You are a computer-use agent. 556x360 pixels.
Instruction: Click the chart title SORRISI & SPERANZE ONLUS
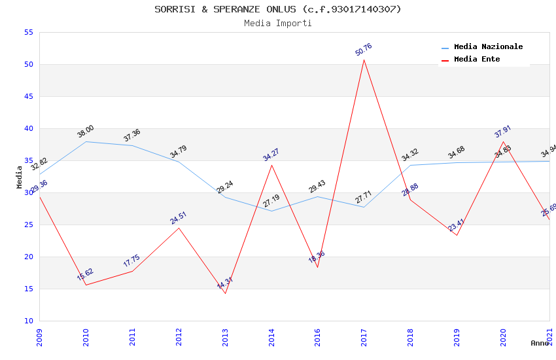point(278,9)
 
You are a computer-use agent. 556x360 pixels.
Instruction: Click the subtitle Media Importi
point(278,23)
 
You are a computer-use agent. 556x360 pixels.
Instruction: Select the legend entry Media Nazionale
point(488,47)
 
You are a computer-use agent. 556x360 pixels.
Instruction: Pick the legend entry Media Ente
point(477,60)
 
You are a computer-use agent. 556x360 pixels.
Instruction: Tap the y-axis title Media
point(20,177)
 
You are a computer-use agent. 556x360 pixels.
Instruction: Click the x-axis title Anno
point(540,343)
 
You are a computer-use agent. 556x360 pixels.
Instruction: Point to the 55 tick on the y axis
point(27,33)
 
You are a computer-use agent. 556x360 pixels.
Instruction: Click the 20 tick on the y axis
point(27,257)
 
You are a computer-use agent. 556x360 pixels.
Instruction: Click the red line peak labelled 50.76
point(364,60)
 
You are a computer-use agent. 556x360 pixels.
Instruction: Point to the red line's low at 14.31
point(225,293)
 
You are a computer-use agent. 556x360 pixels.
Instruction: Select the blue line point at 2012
point(179,162)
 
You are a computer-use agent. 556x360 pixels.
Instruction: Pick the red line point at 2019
point(457,235)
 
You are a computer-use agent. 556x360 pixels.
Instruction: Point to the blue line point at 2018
point(410,165)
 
